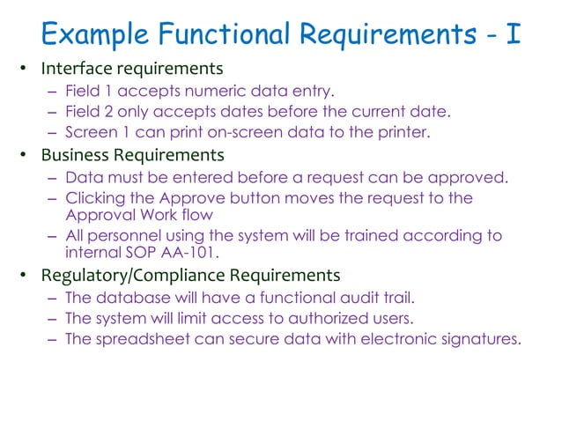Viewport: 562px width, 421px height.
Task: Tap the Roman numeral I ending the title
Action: (511, 33)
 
